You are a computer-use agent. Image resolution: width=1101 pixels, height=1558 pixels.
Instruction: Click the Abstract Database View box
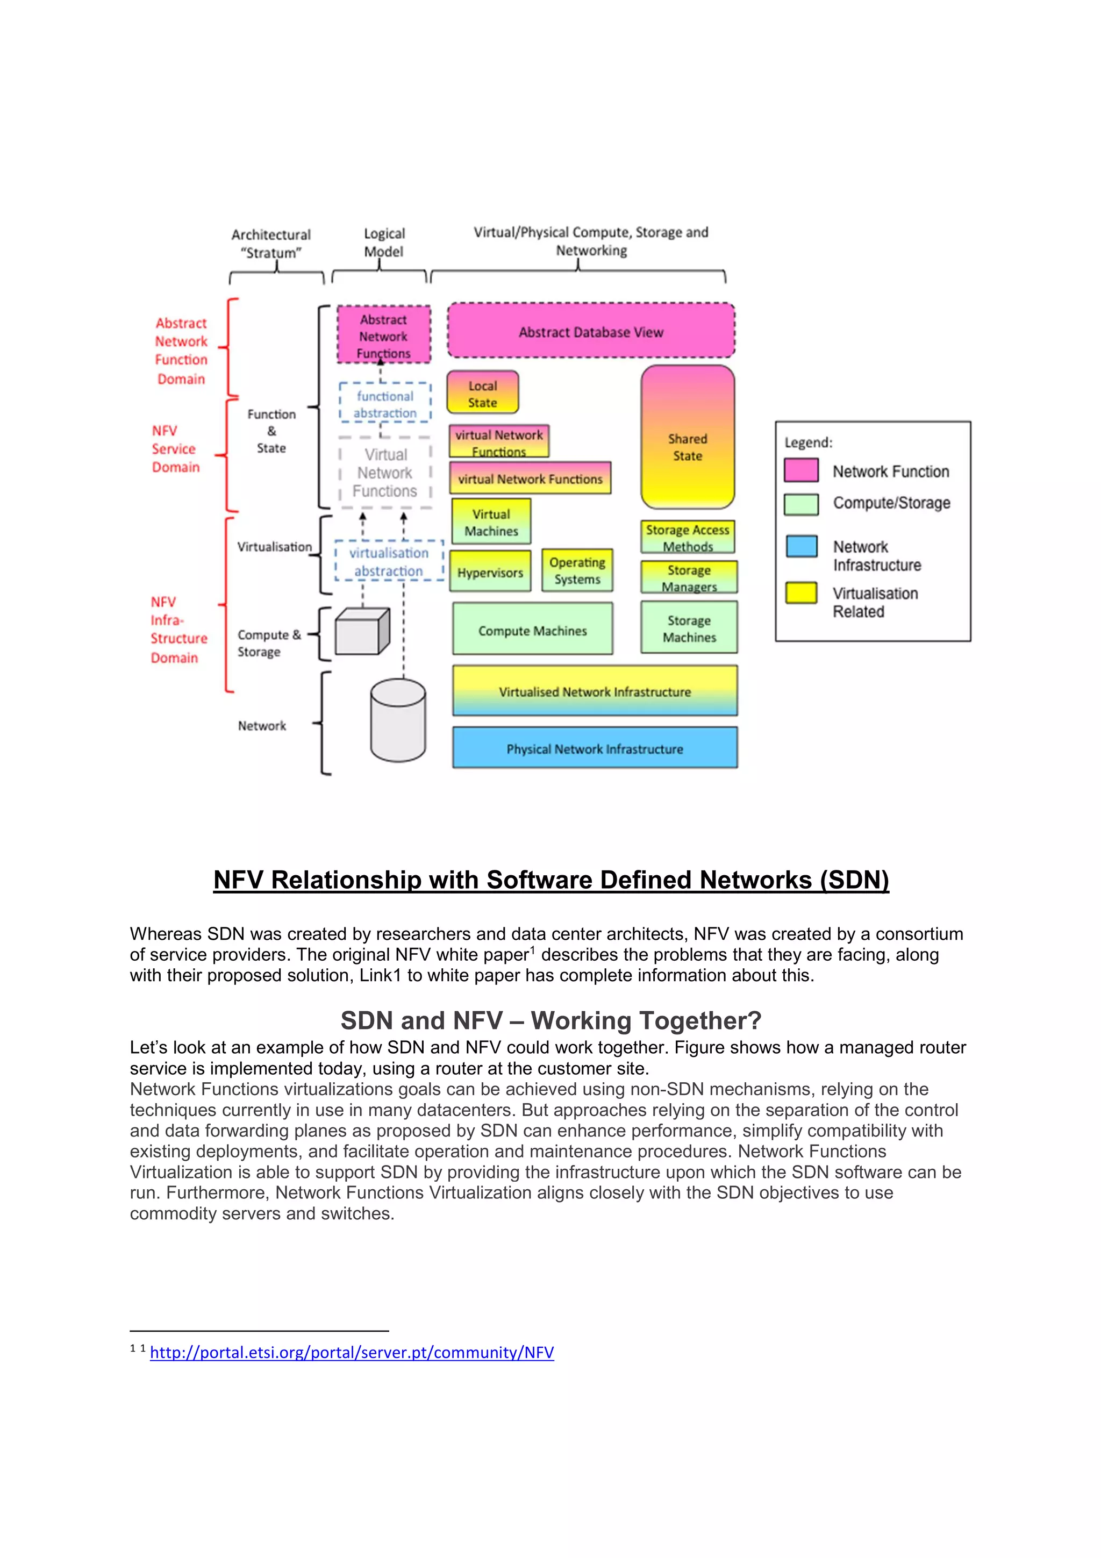591,331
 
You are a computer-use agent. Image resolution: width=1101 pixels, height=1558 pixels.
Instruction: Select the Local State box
482,393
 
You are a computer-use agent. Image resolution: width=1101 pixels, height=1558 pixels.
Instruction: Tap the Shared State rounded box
687,438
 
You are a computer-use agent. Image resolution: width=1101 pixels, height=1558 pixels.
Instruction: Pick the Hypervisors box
490,573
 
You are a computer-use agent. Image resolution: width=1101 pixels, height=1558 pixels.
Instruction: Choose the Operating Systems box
577,571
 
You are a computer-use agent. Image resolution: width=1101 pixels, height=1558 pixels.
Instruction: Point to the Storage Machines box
689,628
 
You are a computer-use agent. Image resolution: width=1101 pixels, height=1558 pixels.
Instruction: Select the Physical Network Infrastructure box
595,748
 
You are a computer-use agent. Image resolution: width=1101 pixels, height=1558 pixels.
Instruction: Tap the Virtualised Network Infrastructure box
595,691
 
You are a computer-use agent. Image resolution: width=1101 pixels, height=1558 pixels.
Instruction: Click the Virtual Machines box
491,522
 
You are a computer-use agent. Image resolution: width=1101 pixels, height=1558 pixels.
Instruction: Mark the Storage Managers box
689,577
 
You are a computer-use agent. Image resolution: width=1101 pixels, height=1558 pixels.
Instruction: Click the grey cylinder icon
398,720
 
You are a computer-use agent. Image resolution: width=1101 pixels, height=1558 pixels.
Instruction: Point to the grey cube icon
362,632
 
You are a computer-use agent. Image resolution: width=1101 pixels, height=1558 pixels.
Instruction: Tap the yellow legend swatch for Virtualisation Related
801,593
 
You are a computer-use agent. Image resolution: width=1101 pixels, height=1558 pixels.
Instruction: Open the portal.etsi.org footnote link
352,1353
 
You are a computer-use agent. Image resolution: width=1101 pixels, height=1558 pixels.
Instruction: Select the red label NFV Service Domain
176,448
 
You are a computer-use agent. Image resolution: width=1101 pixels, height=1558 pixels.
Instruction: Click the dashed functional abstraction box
385,404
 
